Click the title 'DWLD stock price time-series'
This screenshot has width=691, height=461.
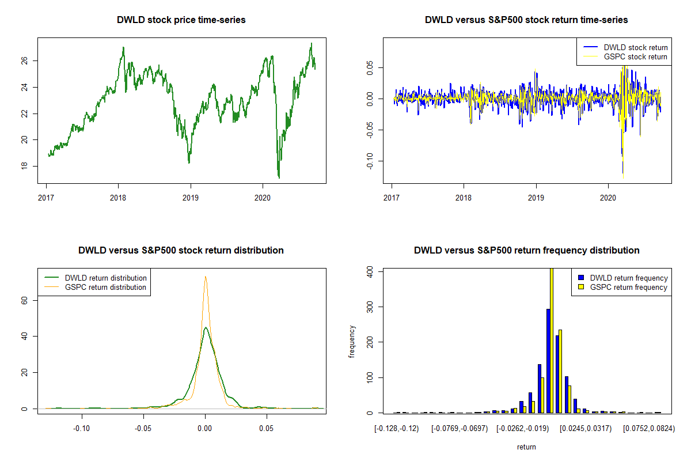tap(181, 20)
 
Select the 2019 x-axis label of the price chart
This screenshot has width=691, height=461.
tap(191, 195)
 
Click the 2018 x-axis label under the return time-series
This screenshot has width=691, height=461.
tap(464, 195)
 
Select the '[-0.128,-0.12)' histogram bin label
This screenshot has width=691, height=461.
tap(397, 429)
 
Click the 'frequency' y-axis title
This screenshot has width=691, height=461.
tap(352, 342)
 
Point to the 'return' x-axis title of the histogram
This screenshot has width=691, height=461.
tap(526, 447)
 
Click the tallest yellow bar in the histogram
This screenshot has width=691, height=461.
tap(551, 341)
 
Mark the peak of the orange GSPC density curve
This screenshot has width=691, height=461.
tap(205, 277)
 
